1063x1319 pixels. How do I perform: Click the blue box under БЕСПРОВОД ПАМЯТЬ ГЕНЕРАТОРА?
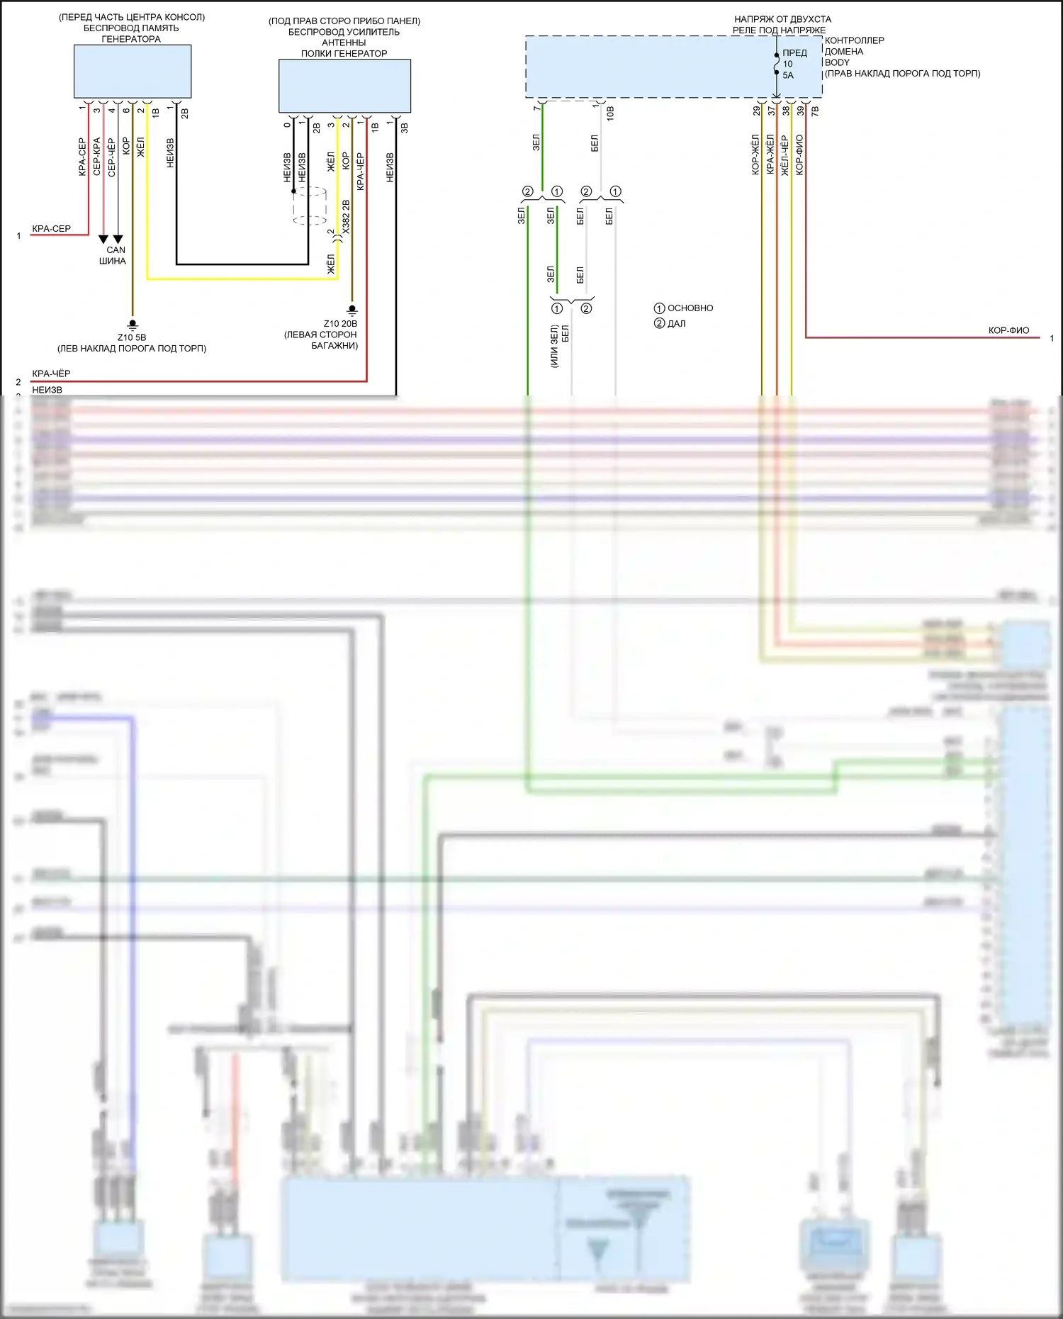point(133,72)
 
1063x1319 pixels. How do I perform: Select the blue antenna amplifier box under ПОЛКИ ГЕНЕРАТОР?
point(344,86)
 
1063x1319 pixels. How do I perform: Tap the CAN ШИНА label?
point(113,255)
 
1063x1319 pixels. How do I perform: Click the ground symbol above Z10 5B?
point(132,325)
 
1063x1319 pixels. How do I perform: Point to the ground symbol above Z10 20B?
point(351,310)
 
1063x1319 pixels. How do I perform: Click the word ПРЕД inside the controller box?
point(794,53)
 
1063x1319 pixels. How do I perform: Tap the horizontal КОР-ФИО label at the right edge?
point(1008,330)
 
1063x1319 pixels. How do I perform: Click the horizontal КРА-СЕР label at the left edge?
point(51,229)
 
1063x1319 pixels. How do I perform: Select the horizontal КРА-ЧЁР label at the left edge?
point(51,374)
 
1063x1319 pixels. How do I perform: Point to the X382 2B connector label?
point(346,217)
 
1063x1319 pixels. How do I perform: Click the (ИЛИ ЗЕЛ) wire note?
point(554,346)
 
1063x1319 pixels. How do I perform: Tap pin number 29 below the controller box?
point(757,111)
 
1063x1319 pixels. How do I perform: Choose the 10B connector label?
point(610,113)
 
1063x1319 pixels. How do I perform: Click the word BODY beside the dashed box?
point(837,62)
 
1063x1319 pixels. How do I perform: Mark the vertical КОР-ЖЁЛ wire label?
point(755,155)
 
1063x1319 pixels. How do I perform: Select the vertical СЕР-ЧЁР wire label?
point(111,157)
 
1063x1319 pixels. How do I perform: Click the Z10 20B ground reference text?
point(340,324)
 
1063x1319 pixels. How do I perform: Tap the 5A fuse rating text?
point(788,75)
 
